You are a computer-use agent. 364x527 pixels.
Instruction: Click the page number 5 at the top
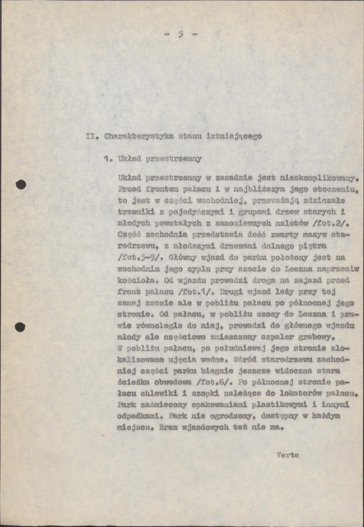pos(181,34)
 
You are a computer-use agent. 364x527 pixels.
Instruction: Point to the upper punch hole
pos(21,185)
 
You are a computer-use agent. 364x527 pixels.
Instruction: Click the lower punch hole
pos(20,327)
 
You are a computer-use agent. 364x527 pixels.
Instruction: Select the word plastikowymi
pos(288,404)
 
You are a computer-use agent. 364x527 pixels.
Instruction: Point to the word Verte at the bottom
pos(288,455)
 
